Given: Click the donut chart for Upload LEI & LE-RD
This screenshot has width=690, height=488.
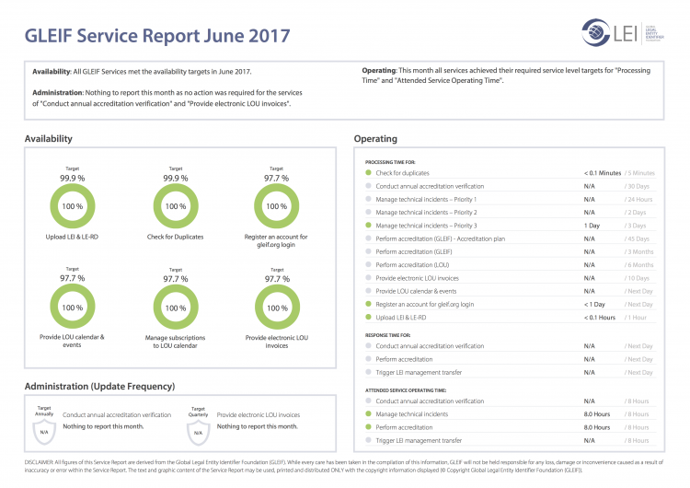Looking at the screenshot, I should [x=72, y=206].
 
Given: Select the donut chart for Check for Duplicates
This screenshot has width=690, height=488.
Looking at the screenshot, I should [x=176, y=206].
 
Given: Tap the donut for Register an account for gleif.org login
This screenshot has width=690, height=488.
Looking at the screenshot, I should [x=276, y=206].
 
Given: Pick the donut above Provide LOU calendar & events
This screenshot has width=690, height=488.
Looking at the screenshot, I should [x=72, y=308].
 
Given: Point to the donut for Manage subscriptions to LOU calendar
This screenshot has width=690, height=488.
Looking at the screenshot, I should [x=176, y=308].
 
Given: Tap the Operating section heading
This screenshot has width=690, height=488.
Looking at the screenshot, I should [x=375, y=139].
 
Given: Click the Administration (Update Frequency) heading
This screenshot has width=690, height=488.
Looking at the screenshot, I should [x=99, y=386].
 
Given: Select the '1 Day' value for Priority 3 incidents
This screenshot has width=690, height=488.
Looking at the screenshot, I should [x=592, y=226].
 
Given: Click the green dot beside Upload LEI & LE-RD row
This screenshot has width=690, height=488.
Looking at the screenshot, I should [x=368, y=318].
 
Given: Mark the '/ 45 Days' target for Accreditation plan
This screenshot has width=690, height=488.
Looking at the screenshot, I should [x=638, y=238].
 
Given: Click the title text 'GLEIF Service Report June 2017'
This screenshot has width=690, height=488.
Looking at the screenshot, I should [x=157, y=37].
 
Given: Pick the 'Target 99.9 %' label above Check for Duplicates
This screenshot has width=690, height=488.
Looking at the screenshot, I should [x=176, y=175].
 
